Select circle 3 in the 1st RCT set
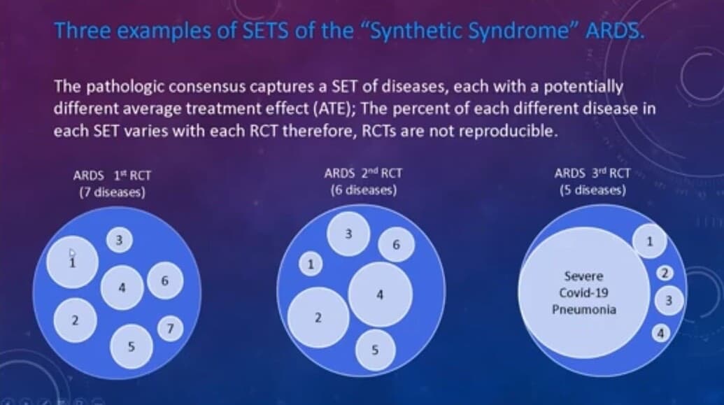[120, 241]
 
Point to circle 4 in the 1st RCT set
[122, 286]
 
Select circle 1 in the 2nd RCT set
[310, 264]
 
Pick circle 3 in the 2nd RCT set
[349, 233]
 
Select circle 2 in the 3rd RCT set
[667, 272]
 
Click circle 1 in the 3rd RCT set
[650, 242]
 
